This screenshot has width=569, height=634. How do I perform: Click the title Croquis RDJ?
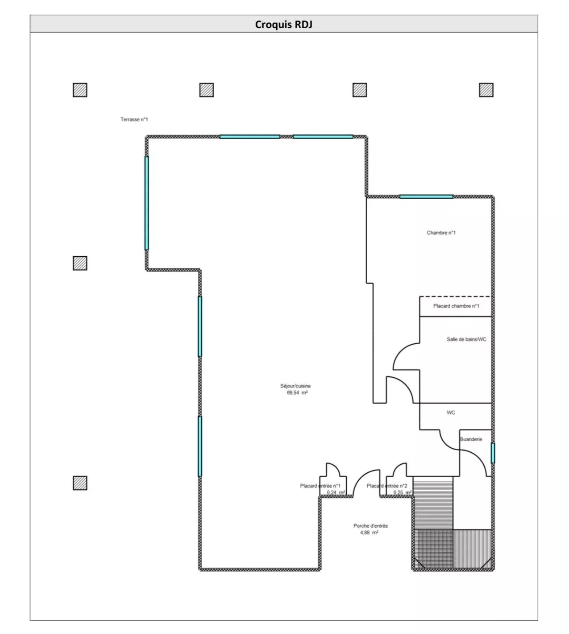point(283,25)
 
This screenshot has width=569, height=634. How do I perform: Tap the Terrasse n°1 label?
point(134,119)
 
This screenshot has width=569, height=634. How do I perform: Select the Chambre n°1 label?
point(441,233)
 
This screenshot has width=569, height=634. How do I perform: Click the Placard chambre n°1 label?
point(456,306)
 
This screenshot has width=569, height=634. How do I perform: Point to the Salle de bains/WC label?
point(466,339)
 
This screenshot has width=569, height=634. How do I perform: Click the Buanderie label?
point(471,439)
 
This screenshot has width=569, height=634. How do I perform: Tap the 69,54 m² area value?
point(297,392)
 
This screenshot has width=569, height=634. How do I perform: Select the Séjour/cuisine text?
point(295,386)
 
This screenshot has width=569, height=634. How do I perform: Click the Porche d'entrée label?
point(371,526)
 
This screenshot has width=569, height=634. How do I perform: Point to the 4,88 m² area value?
point(369,532)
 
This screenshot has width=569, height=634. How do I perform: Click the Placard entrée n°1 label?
point(320,486)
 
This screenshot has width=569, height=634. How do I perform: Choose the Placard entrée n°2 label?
point(387,486)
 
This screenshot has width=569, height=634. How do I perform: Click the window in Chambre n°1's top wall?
point(426,196)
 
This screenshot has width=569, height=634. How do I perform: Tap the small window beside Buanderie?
point(493,453)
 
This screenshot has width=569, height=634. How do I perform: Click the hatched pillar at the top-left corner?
point(80,90)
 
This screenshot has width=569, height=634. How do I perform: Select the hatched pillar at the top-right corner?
point(486,90)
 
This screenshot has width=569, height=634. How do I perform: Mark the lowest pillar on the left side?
point(80,483)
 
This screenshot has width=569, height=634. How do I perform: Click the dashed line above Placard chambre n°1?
point(455,296)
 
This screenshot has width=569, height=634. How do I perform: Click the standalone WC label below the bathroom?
point(450,413)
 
